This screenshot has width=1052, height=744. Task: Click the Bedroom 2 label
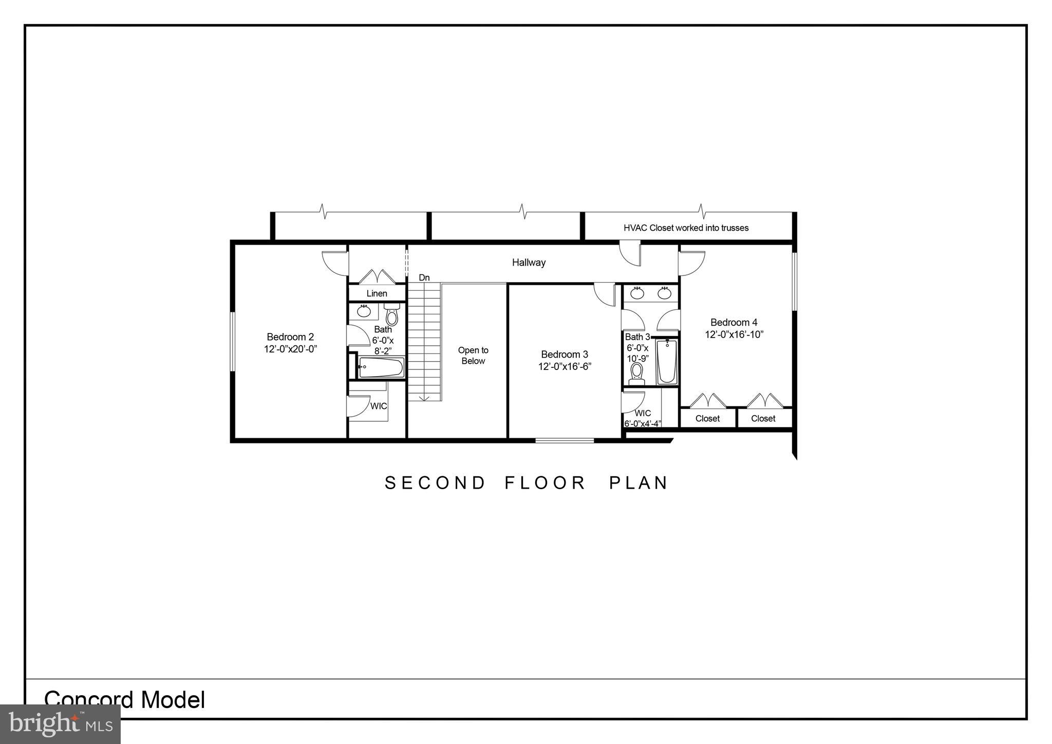pyautogui.click(x=290, y=337)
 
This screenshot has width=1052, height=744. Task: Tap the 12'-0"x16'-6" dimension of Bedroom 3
pyautogui.click(x=565, y=366)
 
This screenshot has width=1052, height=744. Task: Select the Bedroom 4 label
pyautogui.click(x=734, y=323)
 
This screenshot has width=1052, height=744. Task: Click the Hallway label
pyautogui.click(x=529, y=263)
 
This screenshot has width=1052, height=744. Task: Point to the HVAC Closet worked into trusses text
pyautogui.click(x=686, y=228)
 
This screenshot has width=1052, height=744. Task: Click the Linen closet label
pyautogui.click(x=377, y=293)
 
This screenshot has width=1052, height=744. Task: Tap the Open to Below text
pyautogui.click(x=473, y=356)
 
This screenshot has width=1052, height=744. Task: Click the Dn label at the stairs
pyautogui.click(x=424, y=277)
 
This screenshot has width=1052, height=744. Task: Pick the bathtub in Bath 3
pyautogui.click(x=667, y=361)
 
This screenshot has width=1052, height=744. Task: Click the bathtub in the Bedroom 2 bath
pyautogui.click(x=381, y=367)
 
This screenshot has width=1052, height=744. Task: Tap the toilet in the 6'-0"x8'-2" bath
pyautogui.click(x=392, y=314)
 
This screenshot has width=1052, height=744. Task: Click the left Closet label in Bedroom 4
pyautogui.click(x=707, y=418)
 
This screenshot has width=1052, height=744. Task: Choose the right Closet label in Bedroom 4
pyautogui.click(x=763, y=418)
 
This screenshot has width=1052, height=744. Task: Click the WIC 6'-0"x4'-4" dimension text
pyautogui.click(x=642, y=424)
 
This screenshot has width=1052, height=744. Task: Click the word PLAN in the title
pyautogui.click(x=638, y=483)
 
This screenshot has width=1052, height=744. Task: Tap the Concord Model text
pyautogui.click(x=125, y=700)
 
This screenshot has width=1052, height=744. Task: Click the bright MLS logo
pyautogui.click(x=61, y=724)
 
